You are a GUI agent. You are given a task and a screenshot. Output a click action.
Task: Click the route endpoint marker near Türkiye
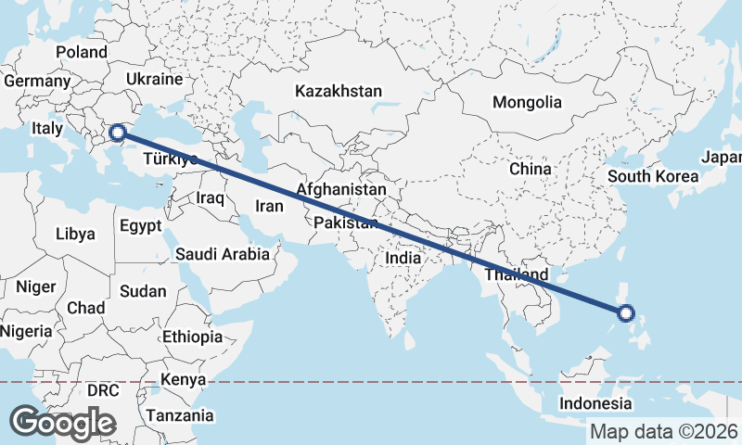118,133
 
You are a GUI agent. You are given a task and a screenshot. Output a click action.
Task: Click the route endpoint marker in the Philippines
626,313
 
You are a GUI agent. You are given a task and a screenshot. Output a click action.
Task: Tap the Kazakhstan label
339,91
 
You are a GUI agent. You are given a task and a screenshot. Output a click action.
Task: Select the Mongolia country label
527,102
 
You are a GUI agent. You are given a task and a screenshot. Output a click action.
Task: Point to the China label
530,169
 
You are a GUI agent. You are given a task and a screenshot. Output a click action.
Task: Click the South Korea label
652,176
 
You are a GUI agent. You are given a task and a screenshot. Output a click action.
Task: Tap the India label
403,259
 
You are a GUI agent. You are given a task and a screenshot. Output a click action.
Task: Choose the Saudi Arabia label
223,253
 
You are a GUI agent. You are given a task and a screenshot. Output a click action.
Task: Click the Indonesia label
595,403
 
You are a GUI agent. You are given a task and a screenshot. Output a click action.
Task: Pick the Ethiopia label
192,337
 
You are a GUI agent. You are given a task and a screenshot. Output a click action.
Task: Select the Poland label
82,52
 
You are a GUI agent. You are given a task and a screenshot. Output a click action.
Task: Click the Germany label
37,81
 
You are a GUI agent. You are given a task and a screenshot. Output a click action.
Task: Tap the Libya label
75,234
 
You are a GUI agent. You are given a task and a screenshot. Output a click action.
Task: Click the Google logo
62,423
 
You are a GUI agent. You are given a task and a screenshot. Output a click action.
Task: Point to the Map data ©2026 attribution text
663,431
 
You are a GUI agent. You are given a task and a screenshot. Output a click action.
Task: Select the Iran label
268,206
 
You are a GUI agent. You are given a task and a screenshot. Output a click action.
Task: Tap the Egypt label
141,225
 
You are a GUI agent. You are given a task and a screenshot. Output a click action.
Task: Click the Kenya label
182,379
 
